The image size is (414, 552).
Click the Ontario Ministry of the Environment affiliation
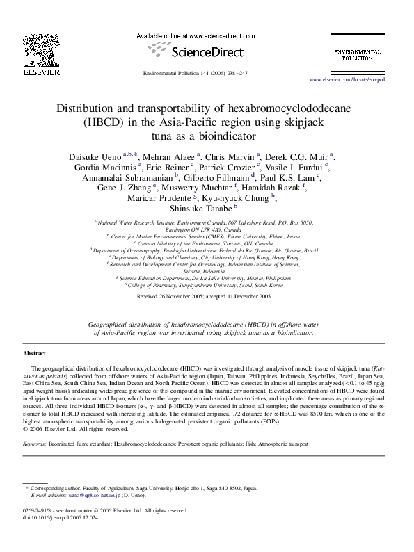(x=206, y=244)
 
